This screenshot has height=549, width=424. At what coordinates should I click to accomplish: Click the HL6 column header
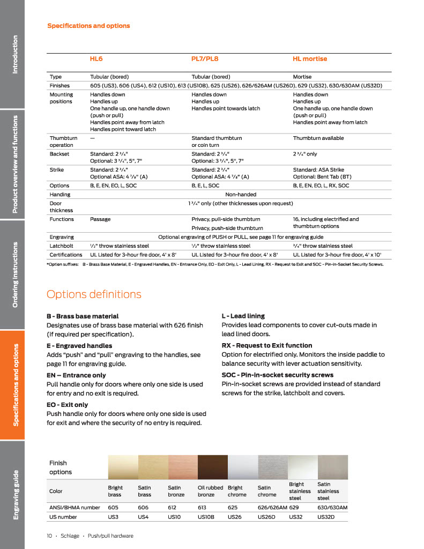click(96, 59)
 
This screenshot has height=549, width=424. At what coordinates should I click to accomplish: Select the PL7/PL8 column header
click(205, 59)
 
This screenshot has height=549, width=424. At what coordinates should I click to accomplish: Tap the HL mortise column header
click(310, 59)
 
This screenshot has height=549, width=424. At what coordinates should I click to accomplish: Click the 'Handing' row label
click(60, 195)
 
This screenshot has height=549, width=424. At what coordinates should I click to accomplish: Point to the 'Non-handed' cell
click(241, 195)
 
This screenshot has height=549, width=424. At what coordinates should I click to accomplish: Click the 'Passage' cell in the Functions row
click(100, 219)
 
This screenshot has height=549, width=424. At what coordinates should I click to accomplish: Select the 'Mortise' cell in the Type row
click(302, 77)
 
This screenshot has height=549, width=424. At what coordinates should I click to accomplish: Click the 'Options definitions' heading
click(94, 294)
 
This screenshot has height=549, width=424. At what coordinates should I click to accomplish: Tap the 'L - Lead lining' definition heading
click(243, 316)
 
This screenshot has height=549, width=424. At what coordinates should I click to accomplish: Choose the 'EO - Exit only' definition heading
click(68, 405)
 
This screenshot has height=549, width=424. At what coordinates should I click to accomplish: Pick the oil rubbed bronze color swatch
click(213, 467)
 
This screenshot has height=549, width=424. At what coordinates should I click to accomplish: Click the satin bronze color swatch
click(183, 467)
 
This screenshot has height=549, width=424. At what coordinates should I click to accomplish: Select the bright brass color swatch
click(123, 467)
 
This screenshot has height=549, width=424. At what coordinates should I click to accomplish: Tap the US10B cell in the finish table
click(206, 517)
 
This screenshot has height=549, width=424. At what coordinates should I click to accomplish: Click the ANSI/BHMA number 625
click(233, 507)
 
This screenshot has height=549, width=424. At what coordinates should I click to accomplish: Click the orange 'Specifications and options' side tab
click(16, 385)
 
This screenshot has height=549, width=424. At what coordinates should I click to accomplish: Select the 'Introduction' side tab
click(16, 54)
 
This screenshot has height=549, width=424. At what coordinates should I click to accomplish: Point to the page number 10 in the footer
click(49, 536)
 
